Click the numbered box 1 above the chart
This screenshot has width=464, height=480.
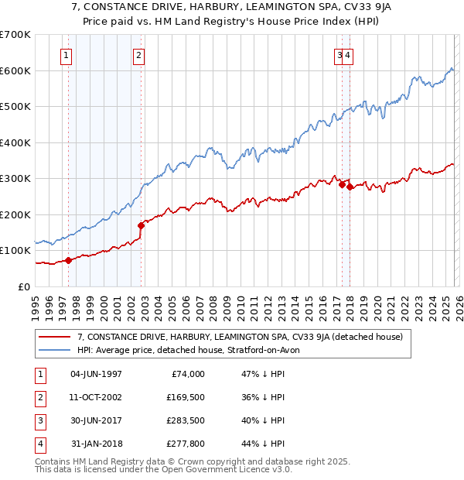click(x=67, y=55)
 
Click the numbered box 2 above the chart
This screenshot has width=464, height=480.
click(x=138, y=55)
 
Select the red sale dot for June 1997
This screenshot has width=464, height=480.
click(x=68, y=260)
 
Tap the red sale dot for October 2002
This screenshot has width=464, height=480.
click(x=141, y=226)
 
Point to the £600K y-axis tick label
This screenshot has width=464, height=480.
click(x=15, y=70)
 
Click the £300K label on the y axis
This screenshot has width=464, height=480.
click(x=15, y=178)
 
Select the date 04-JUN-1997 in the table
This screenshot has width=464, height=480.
click(x=96, y=374)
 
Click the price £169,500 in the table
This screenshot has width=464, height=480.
click(x=186, y=397)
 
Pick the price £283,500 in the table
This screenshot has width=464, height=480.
click(x=186, y=420)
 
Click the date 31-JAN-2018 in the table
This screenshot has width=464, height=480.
click(x=96, y=444)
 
